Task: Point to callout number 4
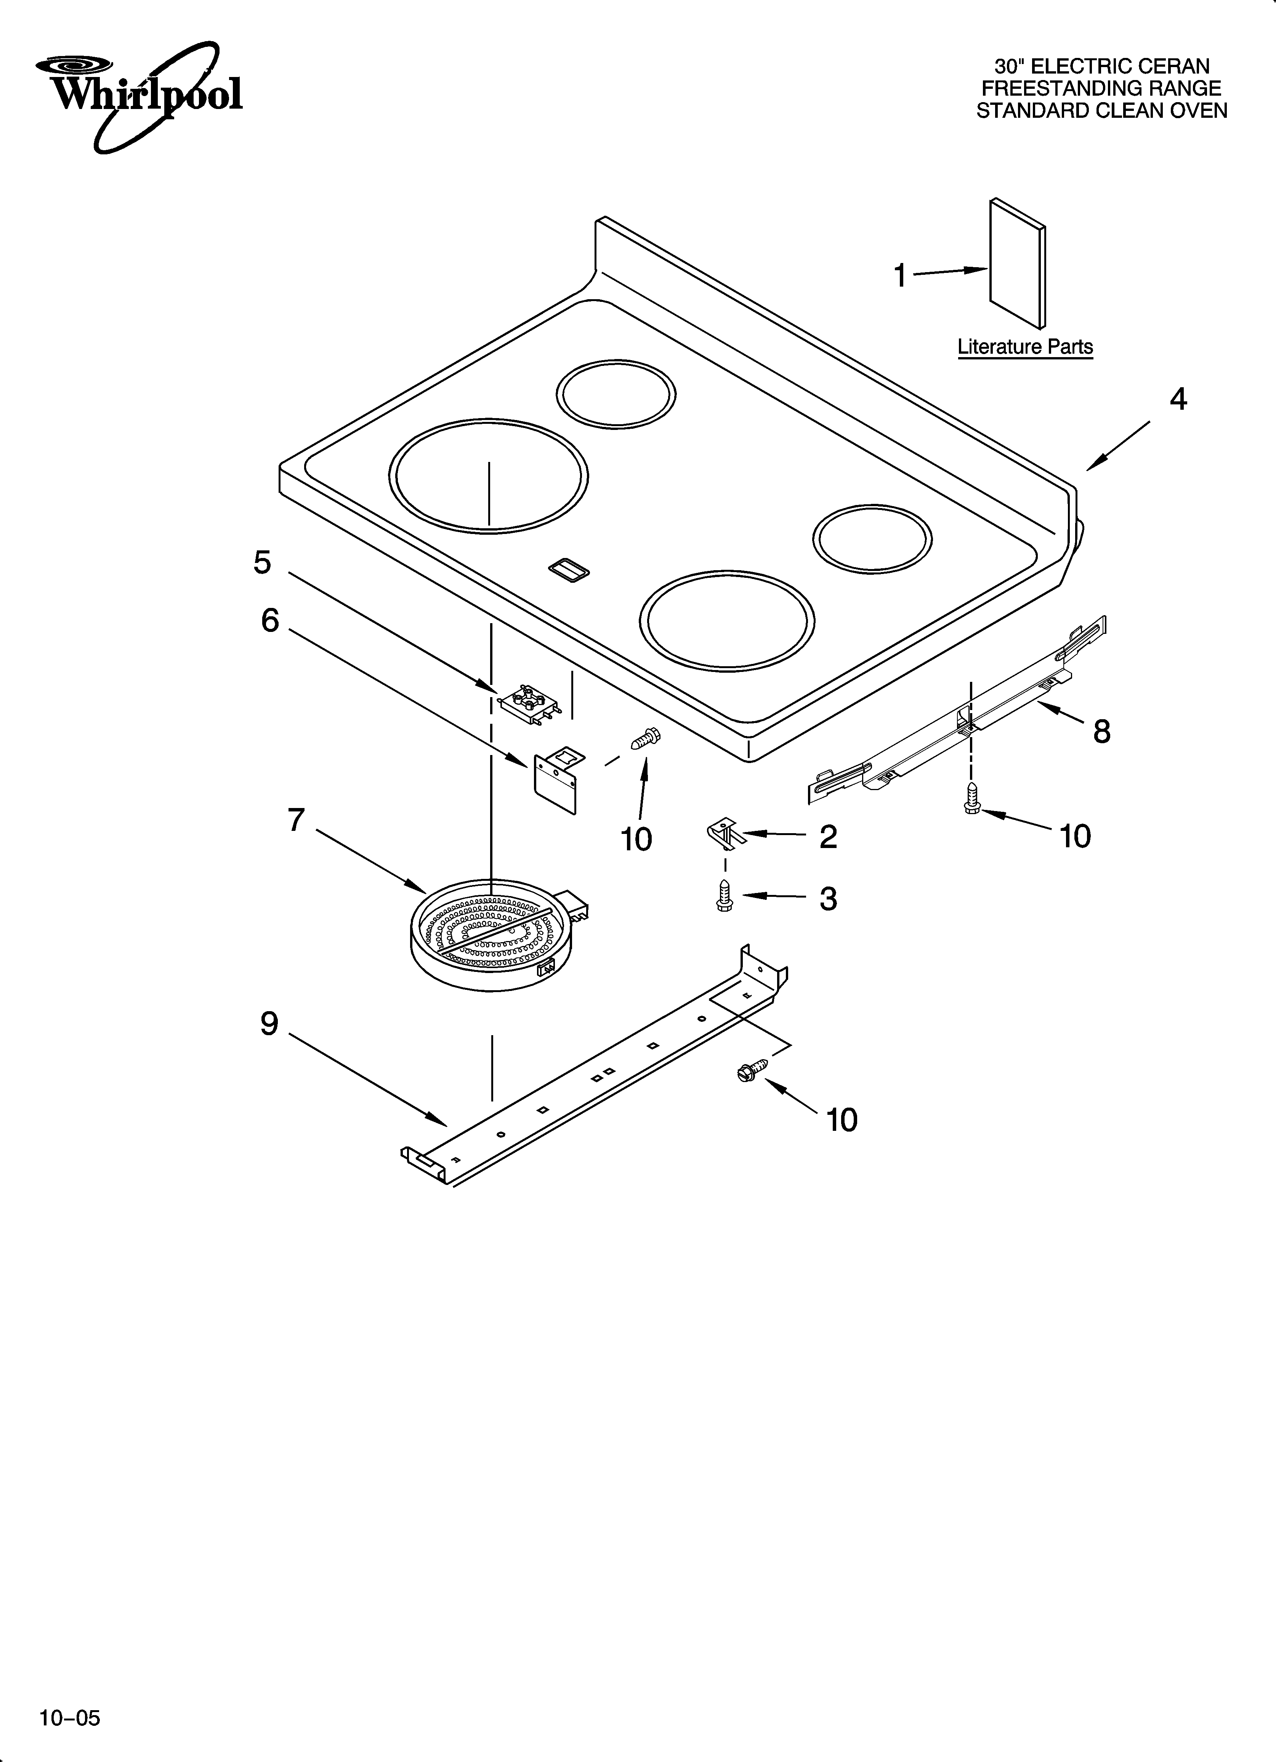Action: pyautogui.click(x=1178, y=399)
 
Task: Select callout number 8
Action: pyautogui.click(x=1101, y=731)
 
